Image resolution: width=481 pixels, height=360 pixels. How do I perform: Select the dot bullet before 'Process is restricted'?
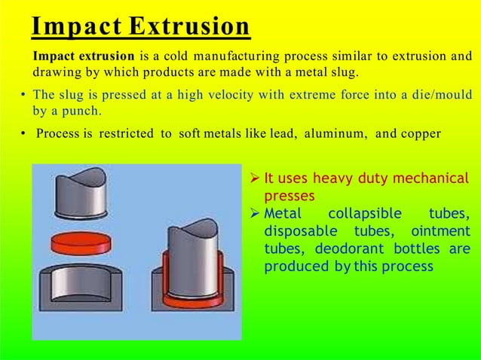(23, 134)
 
